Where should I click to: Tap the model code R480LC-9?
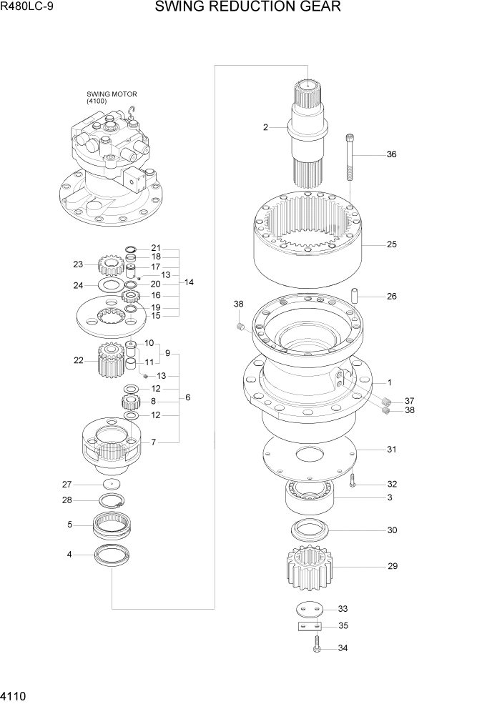click(27, 9)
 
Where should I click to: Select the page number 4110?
click(16, 696)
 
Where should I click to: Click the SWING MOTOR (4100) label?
click(112, 97)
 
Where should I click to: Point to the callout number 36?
click(391, 154)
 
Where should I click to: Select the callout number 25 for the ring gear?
click(391, 244)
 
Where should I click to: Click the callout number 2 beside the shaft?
click(265, 127)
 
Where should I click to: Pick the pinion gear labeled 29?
click(306, 568)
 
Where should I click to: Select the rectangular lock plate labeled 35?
click(308, 627)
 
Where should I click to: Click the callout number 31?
click(391, 450)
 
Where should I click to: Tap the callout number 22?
click(79, 360)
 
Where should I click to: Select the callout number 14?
click(189, 282)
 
